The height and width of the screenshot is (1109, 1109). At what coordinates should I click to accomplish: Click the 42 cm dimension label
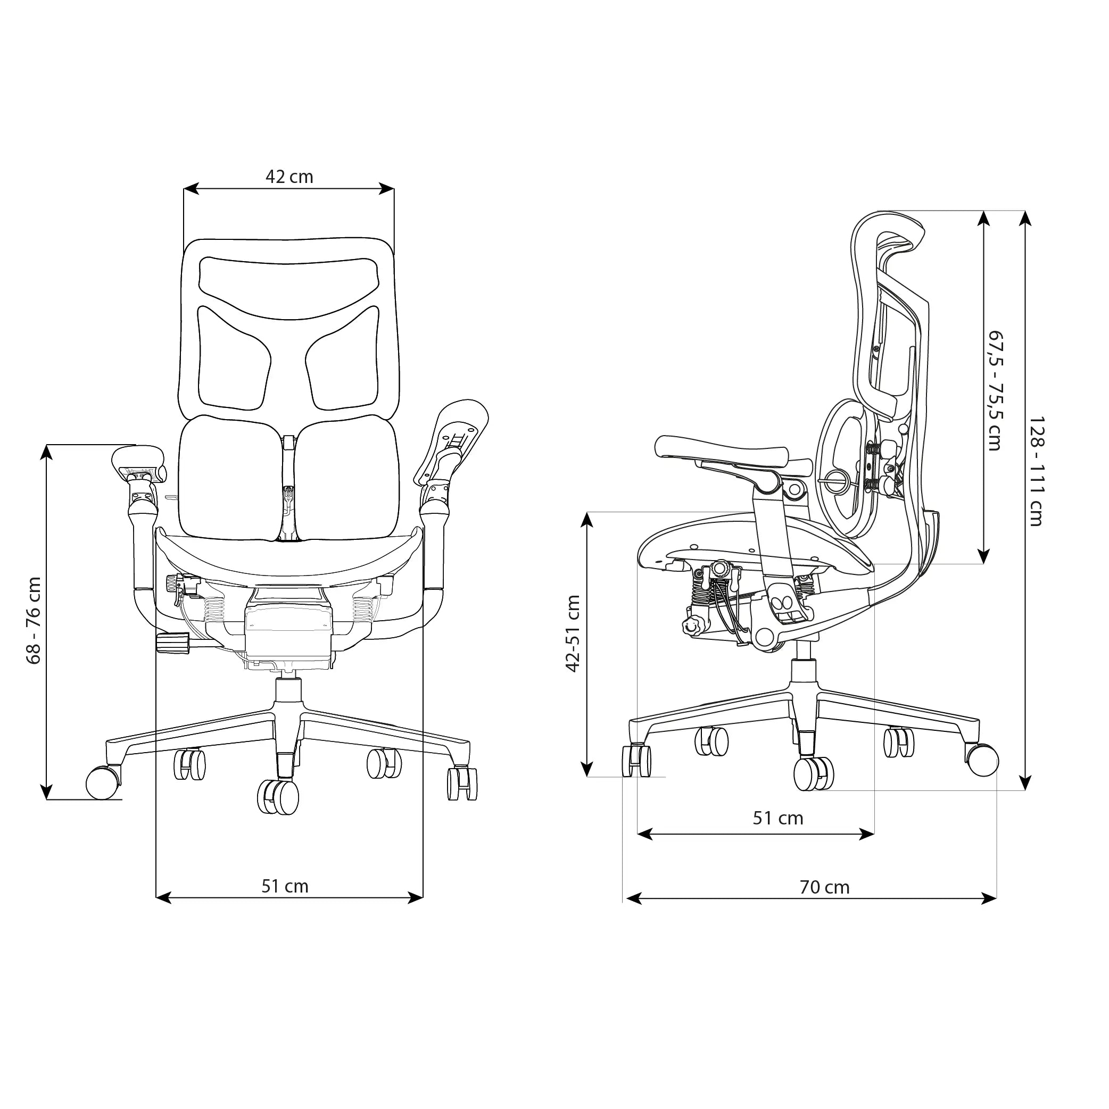(x=289, y=177)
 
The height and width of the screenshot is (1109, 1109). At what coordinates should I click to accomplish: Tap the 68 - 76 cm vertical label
(x=35, y=621)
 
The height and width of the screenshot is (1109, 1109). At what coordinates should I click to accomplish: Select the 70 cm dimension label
(x=825, y=887)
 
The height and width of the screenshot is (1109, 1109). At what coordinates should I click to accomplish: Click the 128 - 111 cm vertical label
(x=1036, y=471)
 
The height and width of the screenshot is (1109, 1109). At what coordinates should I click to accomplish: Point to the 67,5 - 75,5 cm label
(x=995, y=390)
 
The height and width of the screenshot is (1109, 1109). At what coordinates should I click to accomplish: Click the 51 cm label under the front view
(x=285, y=886)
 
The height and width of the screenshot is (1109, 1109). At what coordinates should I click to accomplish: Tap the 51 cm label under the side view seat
(x=778, y=818)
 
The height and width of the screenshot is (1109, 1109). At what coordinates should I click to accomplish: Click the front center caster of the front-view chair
(x=278, y=796)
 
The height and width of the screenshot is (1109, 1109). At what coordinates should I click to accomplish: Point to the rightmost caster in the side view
(x=983, y=760)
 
